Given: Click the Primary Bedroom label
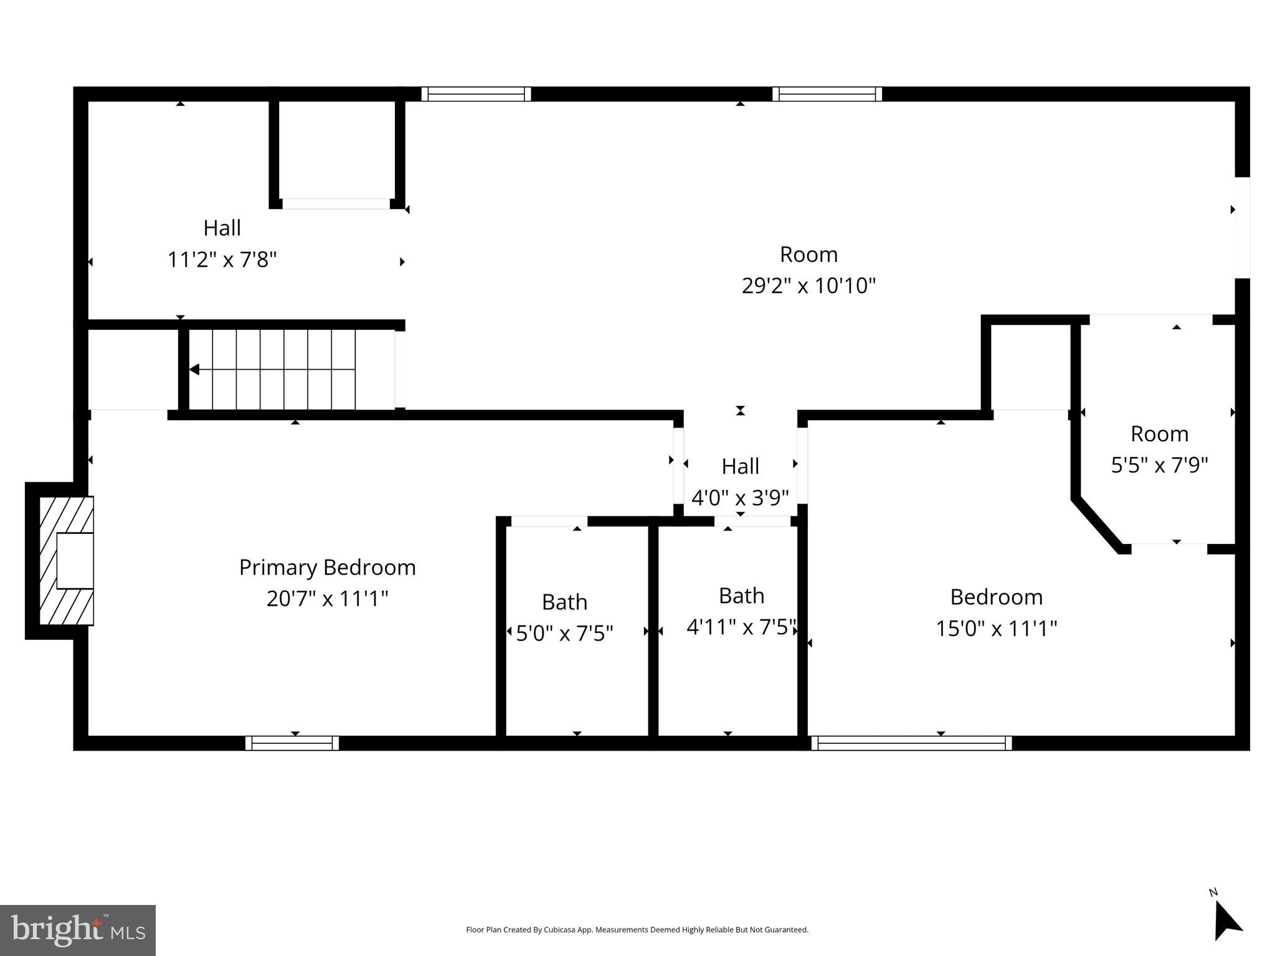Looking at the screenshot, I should (x=327, y=567).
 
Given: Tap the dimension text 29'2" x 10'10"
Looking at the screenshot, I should (x=808, y=286).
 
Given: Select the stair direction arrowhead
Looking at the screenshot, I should (x=194, y=370).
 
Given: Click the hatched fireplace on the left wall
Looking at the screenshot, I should (x=66, y=560).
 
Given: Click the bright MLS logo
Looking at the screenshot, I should (x=77, y=930).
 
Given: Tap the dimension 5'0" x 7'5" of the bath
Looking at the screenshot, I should (x=564, y=634).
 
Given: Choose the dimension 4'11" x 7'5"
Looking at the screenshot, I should (x=741, y=627).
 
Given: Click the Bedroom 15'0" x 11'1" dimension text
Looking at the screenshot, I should (x=996, y=629).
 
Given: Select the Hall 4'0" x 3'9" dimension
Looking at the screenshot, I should (x=740, y=498).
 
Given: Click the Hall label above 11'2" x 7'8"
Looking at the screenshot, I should (x=222, y=228).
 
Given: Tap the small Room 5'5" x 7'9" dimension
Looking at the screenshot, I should (x=1159, y=465).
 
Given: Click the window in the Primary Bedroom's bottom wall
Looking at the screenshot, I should (x=291, y=743).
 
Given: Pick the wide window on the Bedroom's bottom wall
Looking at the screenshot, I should (x=911, y=743).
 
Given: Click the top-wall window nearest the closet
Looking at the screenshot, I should (x=476, y=94).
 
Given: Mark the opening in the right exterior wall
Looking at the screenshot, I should (x=1242, y=227).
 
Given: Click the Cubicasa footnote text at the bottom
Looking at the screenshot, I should (x=637, y=930).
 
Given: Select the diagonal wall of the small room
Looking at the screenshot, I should (x=1098, y=525).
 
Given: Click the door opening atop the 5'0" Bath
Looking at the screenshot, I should (x=549, y=522).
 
